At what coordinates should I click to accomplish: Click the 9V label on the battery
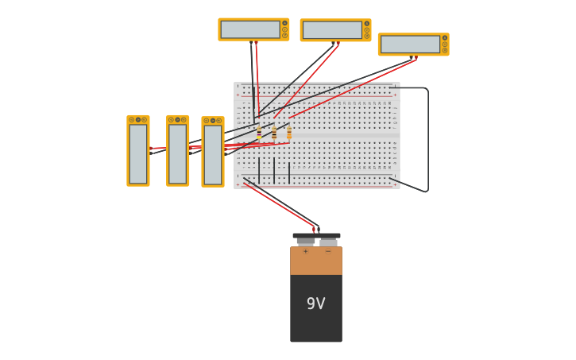point(315,304)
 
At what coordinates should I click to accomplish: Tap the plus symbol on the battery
point(305,251)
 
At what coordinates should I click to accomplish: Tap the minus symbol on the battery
point(327,251)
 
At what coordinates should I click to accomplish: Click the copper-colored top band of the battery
point(315,261)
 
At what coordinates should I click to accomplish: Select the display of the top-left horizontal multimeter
point(249,29)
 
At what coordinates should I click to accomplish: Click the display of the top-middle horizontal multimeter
point(331,30)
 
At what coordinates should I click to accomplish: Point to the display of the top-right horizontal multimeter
point(409,45)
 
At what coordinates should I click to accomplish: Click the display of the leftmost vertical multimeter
point(138,153)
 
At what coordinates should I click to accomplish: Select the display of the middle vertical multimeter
point(177,153)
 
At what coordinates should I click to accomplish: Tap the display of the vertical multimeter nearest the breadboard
point(212,154)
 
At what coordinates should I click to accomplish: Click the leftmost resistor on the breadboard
point(259,132)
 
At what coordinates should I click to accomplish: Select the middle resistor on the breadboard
point(274,132)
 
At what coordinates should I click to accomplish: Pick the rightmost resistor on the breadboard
point(289,132)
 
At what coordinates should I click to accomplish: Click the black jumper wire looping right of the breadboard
point(427,139)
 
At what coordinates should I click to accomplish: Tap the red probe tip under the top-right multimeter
point(416,57)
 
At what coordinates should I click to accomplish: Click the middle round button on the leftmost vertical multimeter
point(138,119)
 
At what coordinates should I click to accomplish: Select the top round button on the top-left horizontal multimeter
point(284,23)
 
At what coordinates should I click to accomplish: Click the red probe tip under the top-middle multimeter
point(338,44)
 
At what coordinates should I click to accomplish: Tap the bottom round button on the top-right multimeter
point(445,51)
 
